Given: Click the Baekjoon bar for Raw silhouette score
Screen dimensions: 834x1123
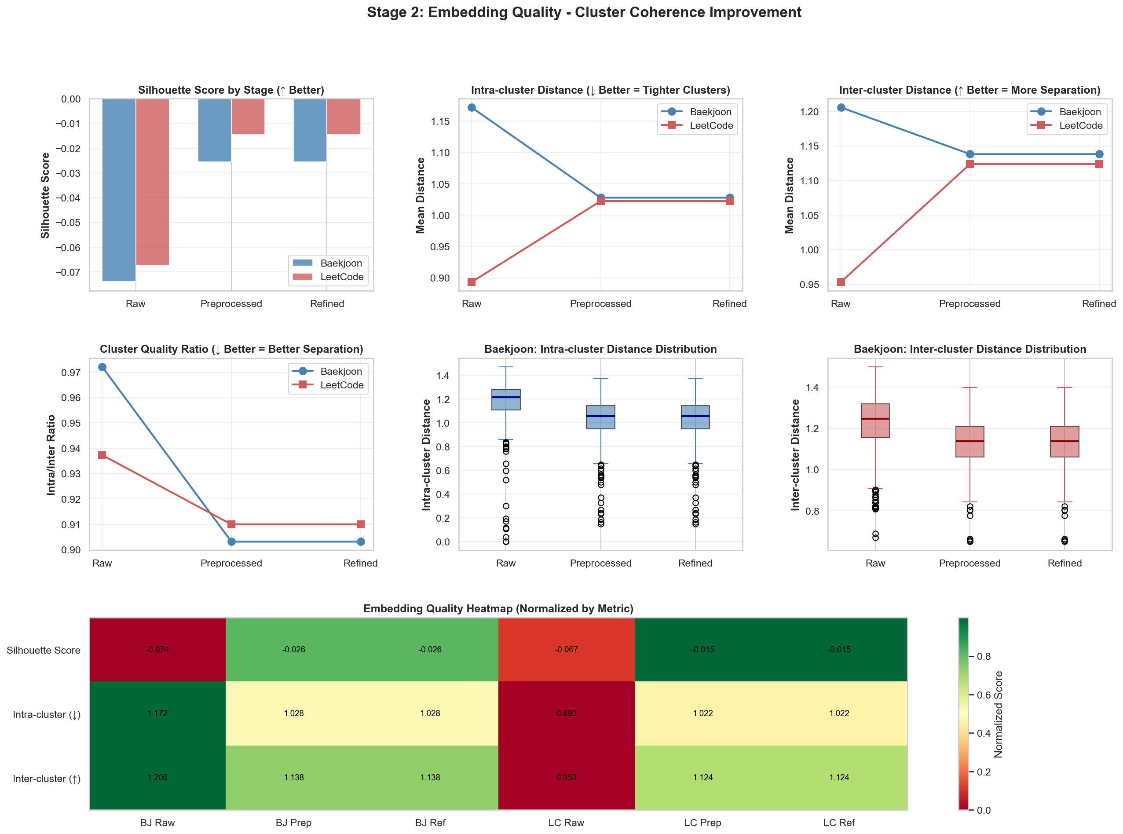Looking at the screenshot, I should [x=119, y=190].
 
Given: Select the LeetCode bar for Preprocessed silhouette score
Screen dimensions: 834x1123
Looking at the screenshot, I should [x=248, y=117].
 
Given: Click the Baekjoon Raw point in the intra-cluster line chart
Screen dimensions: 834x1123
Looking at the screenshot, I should [x=472, y=107].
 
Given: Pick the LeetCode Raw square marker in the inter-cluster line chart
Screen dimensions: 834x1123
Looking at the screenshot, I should [x=841, y=282].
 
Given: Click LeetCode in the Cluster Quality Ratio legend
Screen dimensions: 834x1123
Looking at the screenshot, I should [x=342, y=385].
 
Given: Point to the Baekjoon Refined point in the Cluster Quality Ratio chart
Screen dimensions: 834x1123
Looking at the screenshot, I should [x=360, y=541].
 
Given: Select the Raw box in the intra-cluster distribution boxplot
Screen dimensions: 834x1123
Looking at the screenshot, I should [x=506, y=399].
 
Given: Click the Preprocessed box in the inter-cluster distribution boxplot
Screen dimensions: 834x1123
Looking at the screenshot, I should [x=969, y=442].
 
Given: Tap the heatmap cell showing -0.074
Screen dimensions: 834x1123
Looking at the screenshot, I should [x=157, y=650].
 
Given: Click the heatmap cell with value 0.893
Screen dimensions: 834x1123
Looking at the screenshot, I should [x=566, y=713].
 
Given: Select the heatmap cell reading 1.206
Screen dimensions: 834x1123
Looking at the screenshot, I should [x=157, y=777].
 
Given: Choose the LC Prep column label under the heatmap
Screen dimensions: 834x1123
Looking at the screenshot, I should [x=702, y=823].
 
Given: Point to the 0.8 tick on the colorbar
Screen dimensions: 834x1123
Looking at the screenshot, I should [x=984, y=656].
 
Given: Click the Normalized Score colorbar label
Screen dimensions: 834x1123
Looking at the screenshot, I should [x=998, y=714].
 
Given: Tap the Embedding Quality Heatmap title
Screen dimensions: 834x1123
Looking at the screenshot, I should [x=498, y=608].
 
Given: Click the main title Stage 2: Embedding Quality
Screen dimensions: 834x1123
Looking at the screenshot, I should [x=584, y=12].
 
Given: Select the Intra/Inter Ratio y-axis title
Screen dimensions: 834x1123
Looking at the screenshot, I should [x=51, y=455].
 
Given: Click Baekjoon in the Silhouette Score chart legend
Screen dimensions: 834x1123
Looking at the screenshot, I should [x=341, y=263].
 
